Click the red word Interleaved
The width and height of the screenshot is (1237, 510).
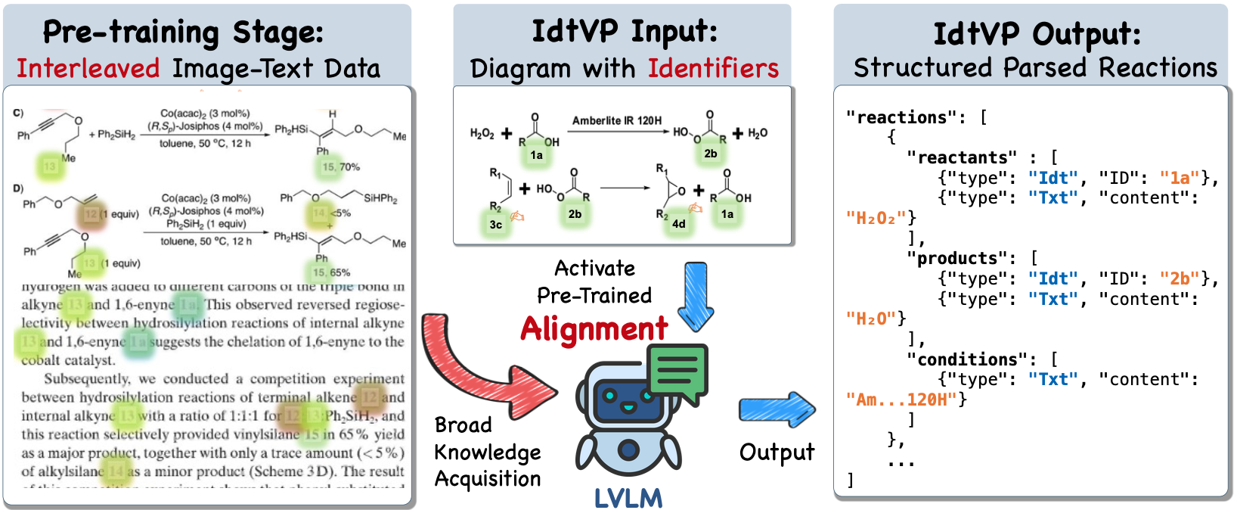pyautogui.click(x=88, y=69)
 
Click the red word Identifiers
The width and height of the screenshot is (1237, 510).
pyautogui.click(x=713, y=69)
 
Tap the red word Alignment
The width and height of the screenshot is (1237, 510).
pyautogui.click(x=594, y=329)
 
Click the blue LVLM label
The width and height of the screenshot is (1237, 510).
pyautogui.click(x=628, y=498)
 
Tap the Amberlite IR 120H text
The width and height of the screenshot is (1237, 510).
pyautogui.click(x=616, y=120)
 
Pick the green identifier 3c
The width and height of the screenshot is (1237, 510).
pyautogui.click(x=496, y=224)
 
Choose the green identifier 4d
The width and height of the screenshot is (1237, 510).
pyautogui.click(x=679, y=224)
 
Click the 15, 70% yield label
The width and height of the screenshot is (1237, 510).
pyautogui.click(x=341, y=166)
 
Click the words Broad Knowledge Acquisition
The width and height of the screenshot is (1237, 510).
pyautogui.click(x=487, y=452)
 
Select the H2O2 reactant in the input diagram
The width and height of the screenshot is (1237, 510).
pyautogui.click(x=482, y=134)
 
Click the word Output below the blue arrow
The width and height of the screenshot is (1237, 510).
pyautogui.click(x=777, y=452)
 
